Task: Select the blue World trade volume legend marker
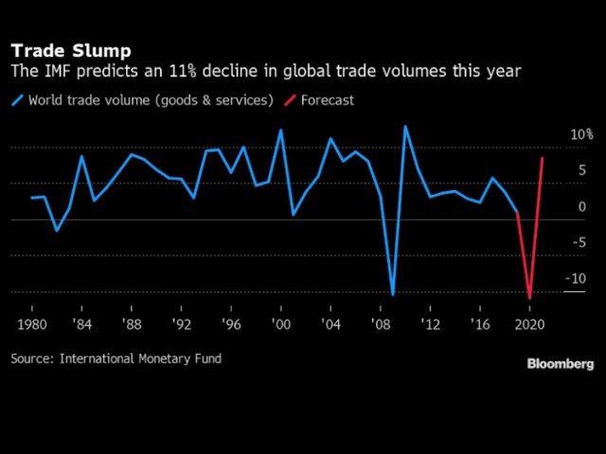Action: click(17, 100)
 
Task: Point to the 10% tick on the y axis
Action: click(580, 135)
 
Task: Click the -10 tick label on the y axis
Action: click(576, 279)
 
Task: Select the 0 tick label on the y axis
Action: click(582, 207)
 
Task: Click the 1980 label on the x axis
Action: click(31, 324)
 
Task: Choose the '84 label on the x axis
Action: click(81, 324)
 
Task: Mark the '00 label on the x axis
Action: click(280, 324)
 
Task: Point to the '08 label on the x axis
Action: click(380, 324)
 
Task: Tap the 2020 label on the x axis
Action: click(529, 324)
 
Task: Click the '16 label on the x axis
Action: click(480, 324)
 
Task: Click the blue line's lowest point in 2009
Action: click(393, 294)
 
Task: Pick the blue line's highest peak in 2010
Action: click(405, 126)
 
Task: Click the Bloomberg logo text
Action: click(561, 364)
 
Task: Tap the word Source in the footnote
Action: click(32, 358)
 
